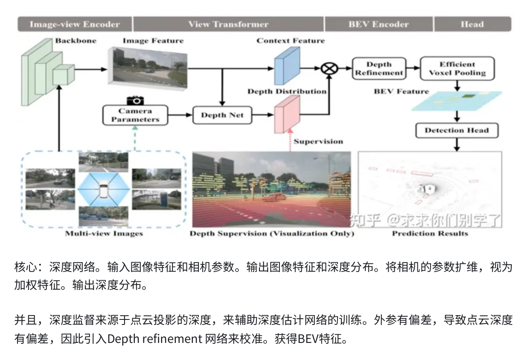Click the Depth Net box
pyautogui.click(x=222, y=115)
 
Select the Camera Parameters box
pyautogui.click(x=135, y=115)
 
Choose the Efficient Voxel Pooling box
pyautogui.click(x=457, y=69)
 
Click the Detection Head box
pyautogui.click(x=457, y=131)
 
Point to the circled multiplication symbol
pyautogui.click(x=329, y=68)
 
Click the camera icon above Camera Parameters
pyautogui.click(x=136, y=100)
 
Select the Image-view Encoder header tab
pyautogui.click(x=75, y=24)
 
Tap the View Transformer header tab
pyautogui.click(x=229, y=24)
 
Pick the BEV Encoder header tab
pyautogui.click(x=379, y=24)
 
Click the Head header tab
pyautogui.click(x=472, y=24)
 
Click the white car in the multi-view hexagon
pyautogui.click(x=103, y=192)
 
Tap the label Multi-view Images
pyautogui.click(x=104, y=234)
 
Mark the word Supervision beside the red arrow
pyautogui.click(x=318, y=141)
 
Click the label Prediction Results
pyautogui.click(x=430, y=234)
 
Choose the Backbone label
pyautogui.click(x=76, y=41)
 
